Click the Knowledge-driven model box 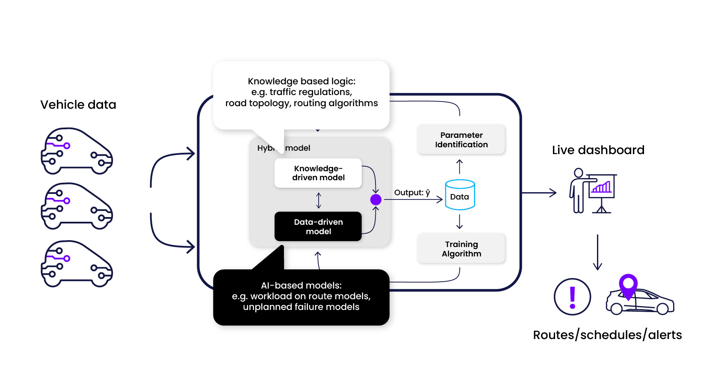318,173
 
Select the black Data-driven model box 318,226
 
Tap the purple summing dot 375,199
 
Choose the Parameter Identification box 461,140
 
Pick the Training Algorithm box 461,249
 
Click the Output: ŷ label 412,193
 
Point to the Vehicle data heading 78,105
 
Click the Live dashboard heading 598,150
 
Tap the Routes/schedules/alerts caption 607,335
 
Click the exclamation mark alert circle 572,297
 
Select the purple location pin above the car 628,285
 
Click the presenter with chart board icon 593,191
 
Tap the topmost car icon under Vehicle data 77,151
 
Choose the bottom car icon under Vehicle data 77,264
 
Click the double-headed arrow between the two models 319,200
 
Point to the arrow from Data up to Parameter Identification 460,167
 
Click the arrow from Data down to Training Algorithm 460,221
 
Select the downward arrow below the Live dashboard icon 597,252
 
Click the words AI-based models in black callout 301,286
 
